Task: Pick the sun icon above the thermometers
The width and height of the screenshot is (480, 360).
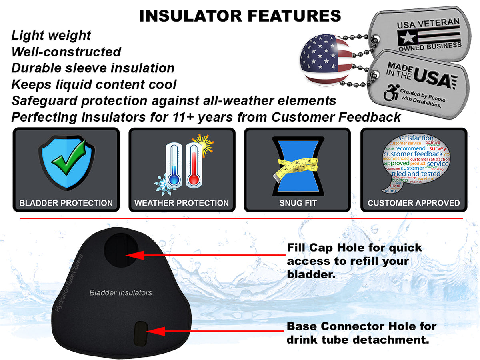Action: click(203, 143)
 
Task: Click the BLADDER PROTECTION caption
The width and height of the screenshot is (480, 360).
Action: click(66, 203)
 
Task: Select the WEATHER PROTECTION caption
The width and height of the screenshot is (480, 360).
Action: click(182, 203)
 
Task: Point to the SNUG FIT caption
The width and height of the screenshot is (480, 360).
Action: click(298, 203)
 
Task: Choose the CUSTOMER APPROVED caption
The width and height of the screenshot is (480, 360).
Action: click(414, 203)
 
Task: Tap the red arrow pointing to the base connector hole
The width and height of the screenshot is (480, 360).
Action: click(216, 331)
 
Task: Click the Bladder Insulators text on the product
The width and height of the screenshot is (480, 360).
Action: click(121, 293)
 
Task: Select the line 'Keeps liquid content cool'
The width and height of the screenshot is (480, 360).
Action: click(94, 84)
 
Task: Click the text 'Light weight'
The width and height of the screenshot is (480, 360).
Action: click(51, 36)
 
